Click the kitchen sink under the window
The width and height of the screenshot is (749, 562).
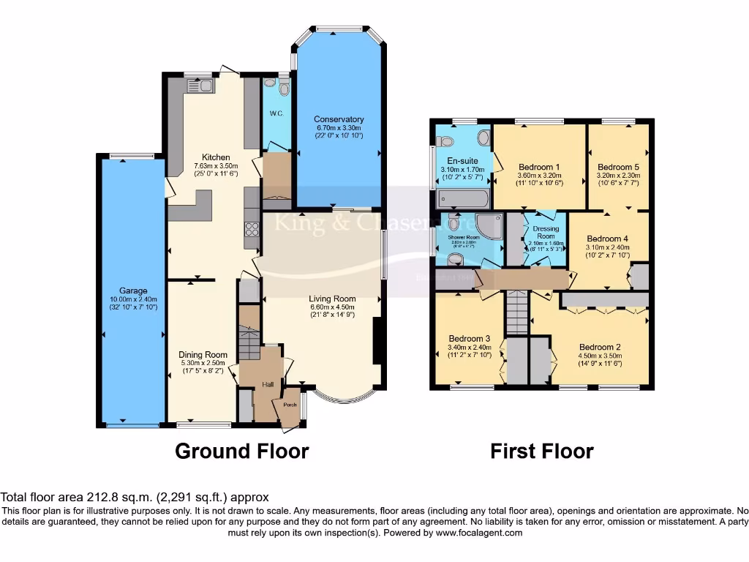(x=198, y=86)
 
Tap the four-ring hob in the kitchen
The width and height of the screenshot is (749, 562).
(x=251, y=228)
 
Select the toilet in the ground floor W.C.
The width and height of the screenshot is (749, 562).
(x=284, y=88)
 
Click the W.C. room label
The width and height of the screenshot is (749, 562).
(x=276, y=113)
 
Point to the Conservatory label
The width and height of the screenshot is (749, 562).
(x=339, y=119)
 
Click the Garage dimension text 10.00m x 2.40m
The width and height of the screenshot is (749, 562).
(x=134, y=299)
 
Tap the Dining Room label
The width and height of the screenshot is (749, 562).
(x=203, y=354)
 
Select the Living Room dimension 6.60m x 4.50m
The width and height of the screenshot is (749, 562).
(x=333, y=307)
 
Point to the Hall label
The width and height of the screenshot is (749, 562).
(x=268, y=384)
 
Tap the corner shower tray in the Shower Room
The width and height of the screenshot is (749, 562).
(x=488, y=225)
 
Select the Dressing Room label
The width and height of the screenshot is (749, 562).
(x=546, y=233)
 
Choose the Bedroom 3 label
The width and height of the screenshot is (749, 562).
(x=469, y=339)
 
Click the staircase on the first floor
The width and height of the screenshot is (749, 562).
(x=516, y=311)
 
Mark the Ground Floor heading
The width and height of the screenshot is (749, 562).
(x=241, y=451)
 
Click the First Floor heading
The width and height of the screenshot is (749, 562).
(x=541, y=451)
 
